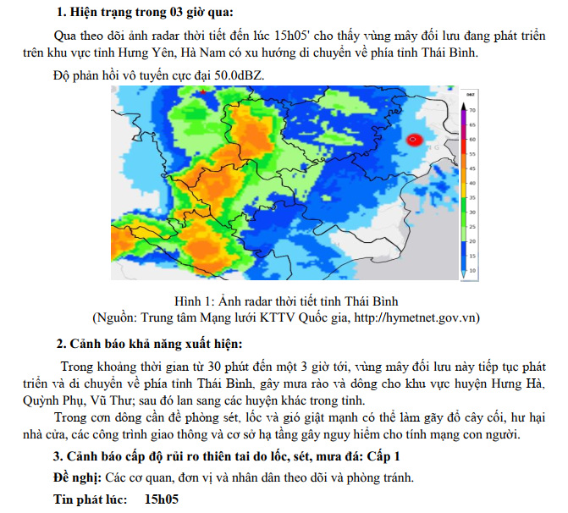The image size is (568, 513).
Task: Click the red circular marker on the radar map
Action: click(x=414, y=141)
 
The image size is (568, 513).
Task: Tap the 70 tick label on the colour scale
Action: click(x=473, y=111)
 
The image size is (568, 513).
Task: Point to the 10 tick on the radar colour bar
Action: click(x=473, y=270)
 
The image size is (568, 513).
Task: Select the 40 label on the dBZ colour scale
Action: click(x=473, y=183)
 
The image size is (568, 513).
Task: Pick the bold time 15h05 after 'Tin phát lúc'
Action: click(x=161, y=499)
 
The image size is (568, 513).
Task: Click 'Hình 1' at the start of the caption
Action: click(x=192, y=301)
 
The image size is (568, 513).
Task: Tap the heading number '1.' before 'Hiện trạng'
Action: click(x=61, y=12)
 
